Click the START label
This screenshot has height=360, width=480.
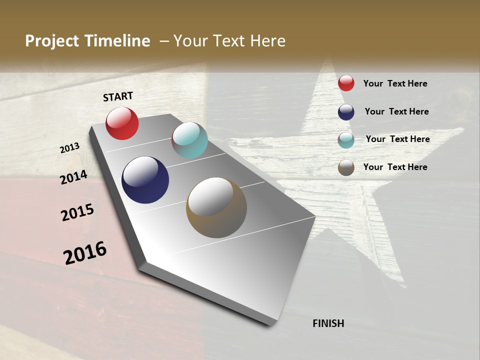tap(118, 96)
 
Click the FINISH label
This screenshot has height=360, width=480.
tap(328, 323)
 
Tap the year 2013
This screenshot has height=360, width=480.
tap(70, 148)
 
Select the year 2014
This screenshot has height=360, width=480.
tap(74, 177)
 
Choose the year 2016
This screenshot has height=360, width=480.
tap(85, 253)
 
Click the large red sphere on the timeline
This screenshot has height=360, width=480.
tap(122, 123)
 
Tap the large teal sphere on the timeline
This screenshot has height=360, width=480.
tap(189, 140)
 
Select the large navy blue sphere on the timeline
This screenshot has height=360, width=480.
tap(145, 180)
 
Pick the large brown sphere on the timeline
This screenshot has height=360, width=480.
tap(216, 207)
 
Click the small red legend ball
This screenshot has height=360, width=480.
tap(346, 83)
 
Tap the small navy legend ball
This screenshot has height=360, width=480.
tap(346, 112)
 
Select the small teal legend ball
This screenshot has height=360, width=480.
tap(346, 140)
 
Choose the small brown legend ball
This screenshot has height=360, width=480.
tap(346, 167)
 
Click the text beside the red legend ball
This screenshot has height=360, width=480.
tap(395, 83)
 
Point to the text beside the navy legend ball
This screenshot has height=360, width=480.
tap(396, 111)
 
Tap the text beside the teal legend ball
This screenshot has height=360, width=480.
tap(397, 139)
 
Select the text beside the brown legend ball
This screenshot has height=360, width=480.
tap(395, 167)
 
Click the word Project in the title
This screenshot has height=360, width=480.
tap(52, 41)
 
